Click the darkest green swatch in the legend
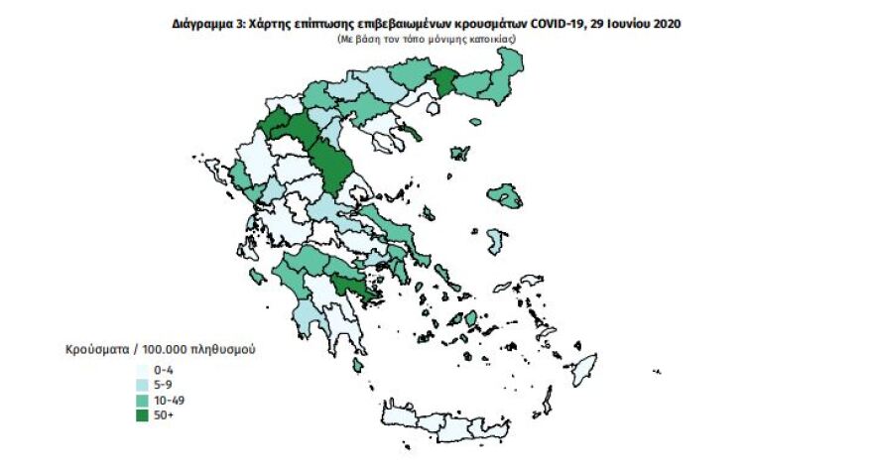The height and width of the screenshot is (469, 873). (x=142, y=415)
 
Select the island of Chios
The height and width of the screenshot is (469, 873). (x=497, y=240)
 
